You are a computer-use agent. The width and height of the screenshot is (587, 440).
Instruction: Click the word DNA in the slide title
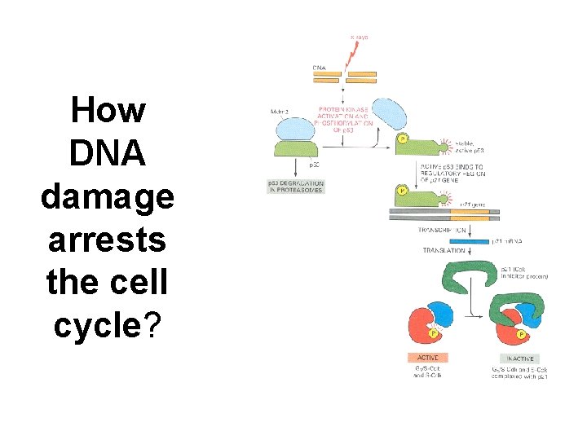tap(108, 153)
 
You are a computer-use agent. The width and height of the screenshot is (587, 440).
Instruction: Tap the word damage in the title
tap(108, 198)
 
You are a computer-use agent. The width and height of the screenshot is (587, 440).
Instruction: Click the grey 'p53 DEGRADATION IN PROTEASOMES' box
tap(296, 186)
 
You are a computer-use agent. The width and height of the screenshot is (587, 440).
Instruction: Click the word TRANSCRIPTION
tap(442, 230)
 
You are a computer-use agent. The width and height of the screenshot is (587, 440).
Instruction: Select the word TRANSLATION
tap(444, 251)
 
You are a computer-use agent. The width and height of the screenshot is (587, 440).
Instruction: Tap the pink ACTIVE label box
tap(427, 358)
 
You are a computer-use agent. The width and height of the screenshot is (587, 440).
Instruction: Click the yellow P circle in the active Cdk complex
tap(434, 333)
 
